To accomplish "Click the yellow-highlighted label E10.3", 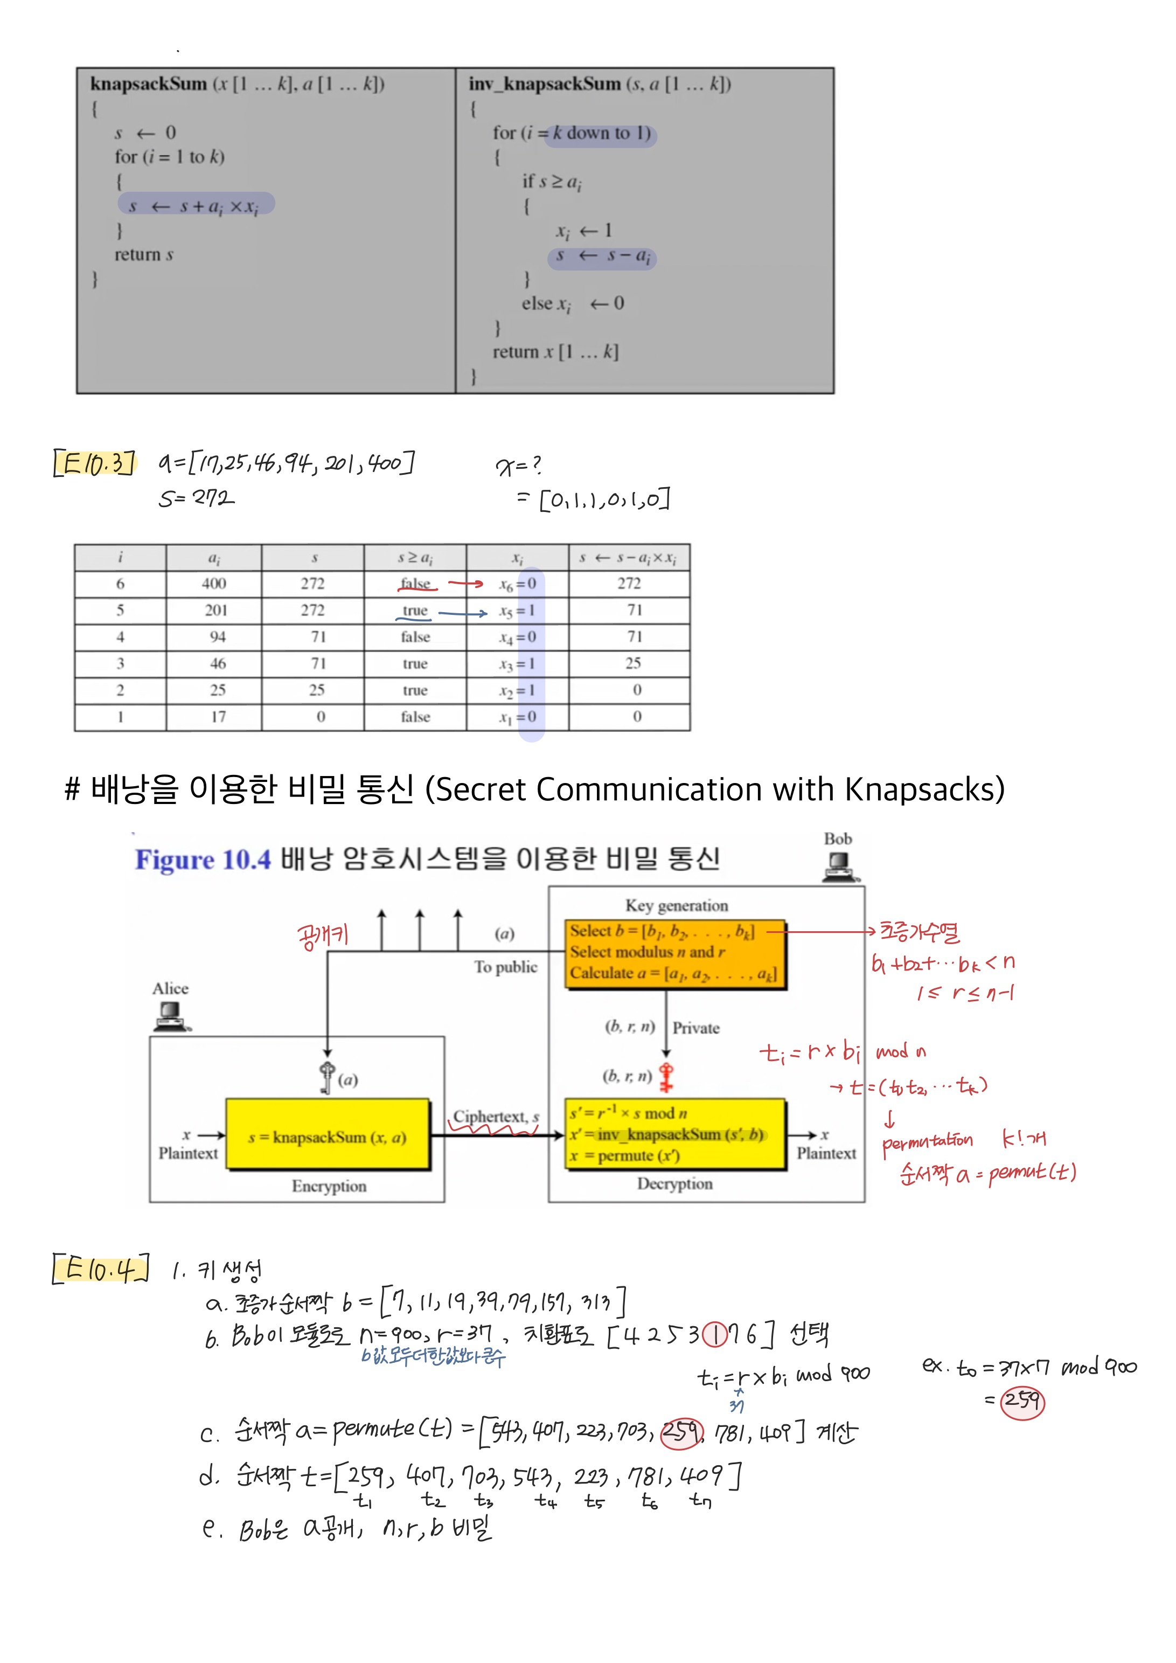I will [x=95, y=463].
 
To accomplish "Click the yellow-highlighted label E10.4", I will [x=101, y=1267].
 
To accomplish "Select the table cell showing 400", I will [x=214, y=584].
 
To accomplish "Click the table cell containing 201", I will [x=215, y=611].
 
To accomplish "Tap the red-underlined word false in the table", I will [x=416, y=584].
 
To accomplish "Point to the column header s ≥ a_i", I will [x=415, y=558].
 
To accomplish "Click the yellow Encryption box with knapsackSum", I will [x=328, y=1137].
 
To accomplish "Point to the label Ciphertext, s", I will [x=496, y=1117].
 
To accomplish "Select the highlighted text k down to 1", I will [x=601, y=134].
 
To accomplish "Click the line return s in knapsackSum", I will [x=143, y=255].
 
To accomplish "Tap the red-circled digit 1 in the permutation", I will [x=715, y=1335].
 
